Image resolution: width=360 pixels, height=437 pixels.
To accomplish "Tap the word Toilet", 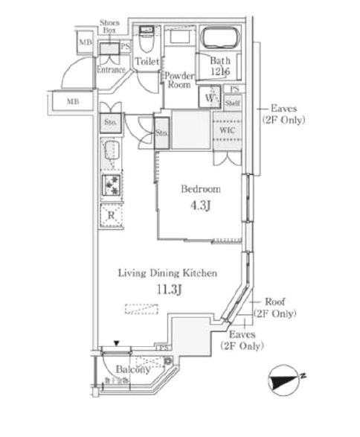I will pos(146,63).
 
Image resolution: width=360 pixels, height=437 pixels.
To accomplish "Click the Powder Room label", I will pos(179,80).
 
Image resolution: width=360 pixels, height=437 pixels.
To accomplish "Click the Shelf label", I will pos(232,103).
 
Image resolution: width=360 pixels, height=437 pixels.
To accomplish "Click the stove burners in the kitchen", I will pos(111,185).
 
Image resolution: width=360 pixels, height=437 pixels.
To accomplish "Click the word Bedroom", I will pos(201,189).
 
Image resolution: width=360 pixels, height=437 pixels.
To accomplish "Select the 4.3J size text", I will pos(201,206).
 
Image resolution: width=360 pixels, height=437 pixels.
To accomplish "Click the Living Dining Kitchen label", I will pos(168,273).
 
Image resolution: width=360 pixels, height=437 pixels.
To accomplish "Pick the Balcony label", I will pos(133,369).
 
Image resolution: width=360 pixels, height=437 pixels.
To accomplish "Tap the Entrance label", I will pos(112,70).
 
